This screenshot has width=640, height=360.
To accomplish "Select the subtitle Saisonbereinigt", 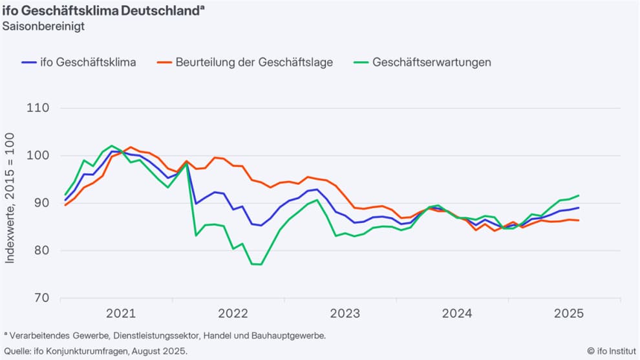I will coord(44,26).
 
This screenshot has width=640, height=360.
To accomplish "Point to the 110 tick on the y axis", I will coord(39,108).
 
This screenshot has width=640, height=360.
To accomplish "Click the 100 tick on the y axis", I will coord(39,156).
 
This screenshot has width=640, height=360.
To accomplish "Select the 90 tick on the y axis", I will coord(41,203).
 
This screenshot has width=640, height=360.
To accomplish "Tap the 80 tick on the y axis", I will coord(41,251).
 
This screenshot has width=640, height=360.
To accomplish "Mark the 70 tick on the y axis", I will coord(41,298).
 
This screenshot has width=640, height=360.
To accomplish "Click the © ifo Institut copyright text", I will coord(613,351).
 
